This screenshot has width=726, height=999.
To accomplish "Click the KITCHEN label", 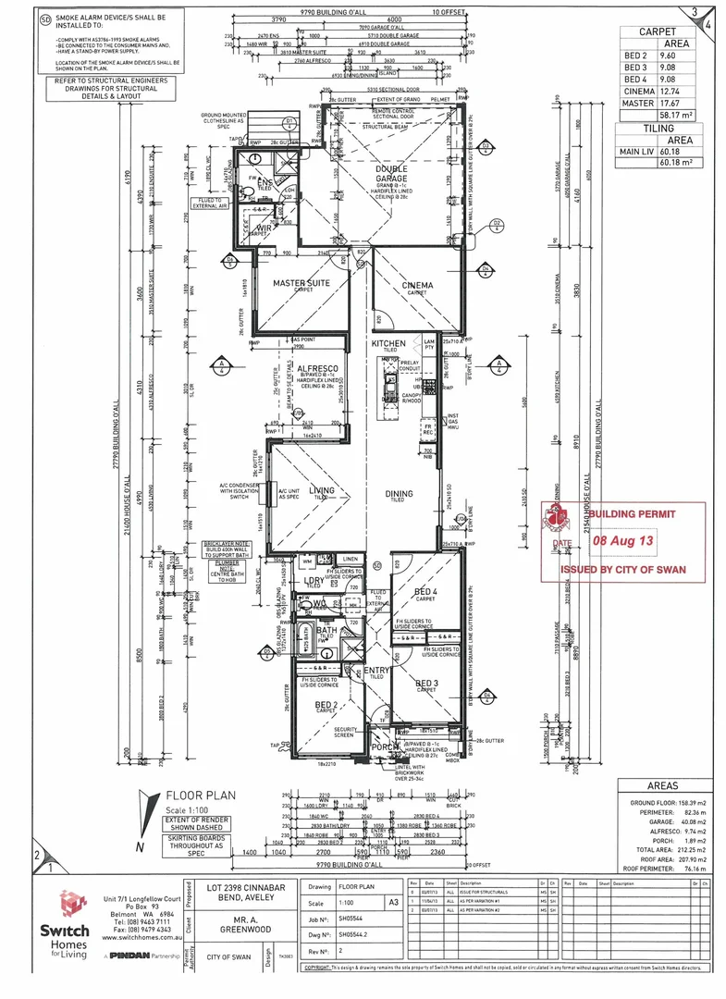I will coord(388,344).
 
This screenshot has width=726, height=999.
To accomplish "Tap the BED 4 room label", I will coord(425,591).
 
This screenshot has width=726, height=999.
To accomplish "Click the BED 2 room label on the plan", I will coord(325,705).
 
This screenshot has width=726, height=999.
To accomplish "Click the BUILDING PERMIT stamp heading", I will coord(633,512).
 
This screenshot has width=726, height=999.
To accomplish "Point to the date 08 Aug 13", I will coord(623,537).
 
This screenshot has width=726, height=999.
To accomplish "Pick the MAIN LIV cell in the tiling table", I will coord(638,153).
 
